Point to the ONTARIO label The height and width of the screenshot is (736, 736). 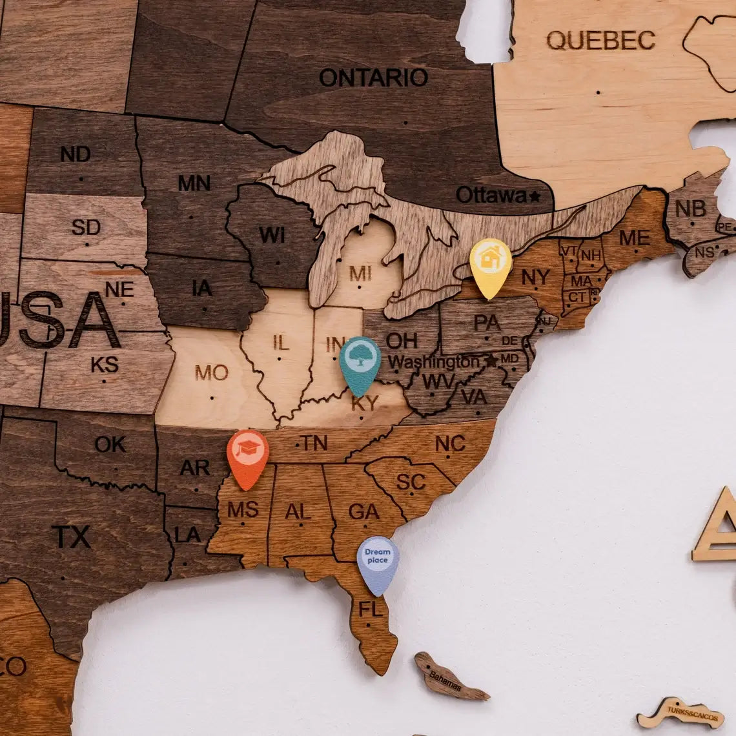coord(373,78)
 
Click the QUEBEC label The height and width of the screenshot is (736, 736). coord(600,41)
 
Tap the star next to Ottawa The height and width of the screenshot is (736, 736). coord(535,196)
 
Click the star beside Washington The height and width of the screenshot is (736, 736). coord(492,360)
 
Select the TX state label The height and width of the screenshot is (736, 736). coord(71,537)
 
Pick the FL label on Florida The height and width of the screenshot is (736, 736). coord(371,609)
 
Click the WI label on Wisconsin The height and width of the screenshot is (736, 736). coord(272,235)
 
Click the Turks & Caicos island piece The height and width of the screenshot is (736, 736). coord(680,713)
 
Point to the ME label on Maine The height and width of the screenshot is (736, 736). coord(634,238)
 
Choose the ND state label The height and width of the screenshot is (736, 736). coord(76,154)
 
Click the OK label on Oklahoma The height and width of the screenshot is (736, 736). coord(110,444)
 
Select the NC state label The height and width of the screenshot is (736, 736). coord(450,444)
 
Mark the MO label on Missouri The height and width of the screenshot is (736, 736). coord(212,373)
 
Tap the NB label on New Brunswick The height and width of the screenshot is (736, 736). coord(690,209)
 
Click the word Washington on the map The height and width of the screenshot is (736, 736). coord(433,362)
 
